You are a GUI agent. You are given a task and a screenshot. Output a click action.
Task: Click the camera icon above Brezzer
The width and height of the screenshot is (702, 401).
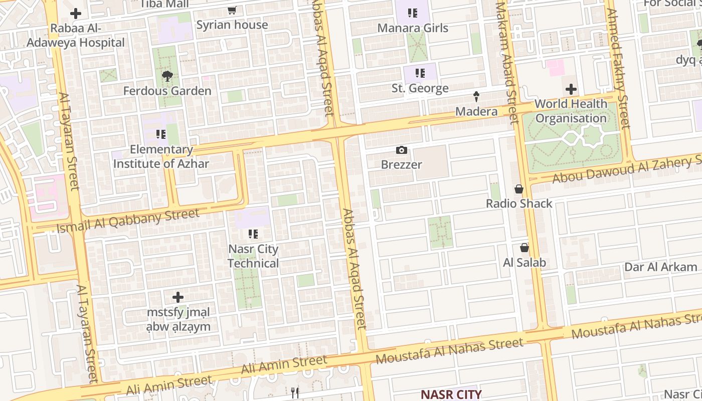pos(401,150)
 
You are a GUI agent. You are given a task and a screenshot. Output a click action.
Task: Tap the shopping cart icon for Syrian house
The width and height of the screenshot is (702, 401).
pos(232,11)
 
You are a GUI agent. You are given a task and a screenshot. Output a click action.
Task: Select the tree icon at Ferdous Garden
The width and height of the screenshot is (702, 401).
pos(167,76)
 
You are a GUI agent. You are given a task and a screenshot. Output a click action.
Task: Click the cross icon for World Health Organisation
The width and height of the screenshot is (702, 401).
pos(571,90)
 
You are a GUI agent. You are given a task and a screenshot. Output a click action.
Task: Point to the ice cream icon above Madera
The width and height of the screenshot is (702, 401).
pos(476,97)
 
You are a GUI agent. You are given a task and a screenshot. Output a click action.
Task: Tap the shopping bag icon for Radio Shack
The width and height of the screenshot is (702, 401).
pos(519,189)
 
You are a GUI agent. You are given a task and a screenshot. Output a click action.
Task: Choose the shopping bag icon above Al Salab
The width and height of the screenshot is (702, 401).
pos(524,248)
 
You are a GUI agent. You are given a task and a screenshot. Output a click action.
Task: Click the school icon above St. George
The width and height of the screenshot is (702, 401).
pos(420,74)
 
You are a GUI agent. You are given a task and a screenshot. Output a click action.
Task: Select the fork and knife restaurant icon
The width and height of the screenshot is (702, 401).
pos(295,392)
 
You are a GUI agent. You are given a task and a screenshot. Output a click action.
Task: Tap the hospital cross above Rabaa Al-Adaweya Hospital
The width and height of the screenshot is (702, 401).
pos(76,14)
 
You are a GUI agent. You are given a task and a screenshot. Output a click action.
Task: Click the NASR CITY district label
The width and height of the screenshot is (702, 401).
pos(451,394)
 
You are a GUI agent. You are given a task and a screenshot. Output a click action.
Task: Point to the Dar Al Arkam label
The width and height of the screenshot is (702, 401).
pos(660,267)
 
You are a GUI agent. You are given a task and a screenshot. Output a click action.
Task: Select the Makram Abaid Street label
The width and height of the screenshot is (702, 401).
pos(506,63)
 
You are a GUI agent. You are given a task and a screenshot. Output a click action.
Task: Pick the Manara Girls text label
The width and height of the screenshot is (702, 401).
pos(413,28)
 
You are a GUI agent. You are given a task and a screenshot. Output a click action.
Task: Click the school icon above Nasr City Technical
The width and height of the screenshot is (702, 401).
pos(253,234)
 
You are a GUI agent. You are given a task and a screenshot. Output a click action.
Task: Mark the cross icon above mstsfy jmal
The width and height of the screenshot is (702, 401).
pos(178,297)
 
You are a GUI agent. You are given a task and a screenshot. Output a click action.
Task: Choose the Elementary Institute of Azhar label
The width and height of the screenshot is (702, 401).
pos(161,156)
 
